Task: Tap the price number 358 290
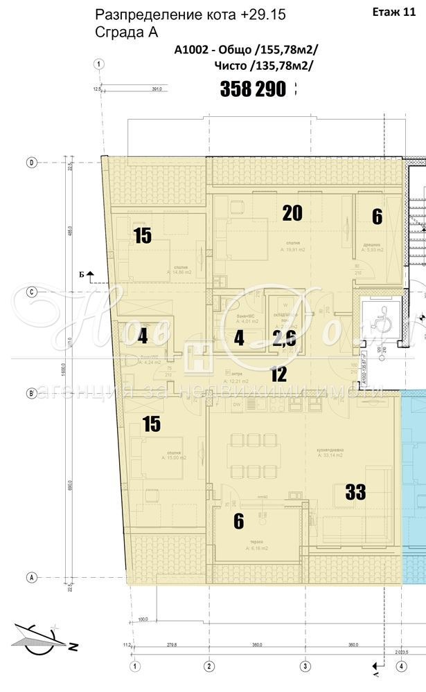[253, 89]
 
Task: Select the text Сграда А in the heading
[126, 32]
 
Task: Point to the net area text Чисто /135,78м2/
[264, 65]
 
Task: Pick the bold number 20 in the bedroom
[292, 213]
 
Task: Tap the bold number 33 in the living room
[355, 492]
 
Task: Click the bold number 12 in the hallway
[278, 375]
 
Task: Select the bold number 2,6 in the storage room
[284, 339]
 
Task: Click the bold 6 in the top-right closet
[377, 217]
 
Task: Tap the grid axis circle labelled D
[31, 163]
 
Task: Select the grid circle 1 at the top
[100, 64]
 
